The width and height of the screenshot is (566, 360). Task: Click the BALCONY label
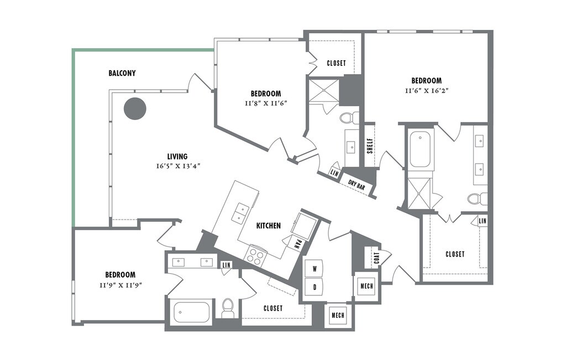[x=122, y=73]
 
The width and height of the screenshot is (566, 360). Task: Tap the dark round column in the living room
[x=134, y=108]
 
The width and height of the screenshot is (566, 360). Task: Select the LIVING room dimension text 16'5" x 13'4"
[x=177, y=166]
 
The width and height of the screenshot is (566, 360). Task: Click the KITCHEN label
[x=268, y=226]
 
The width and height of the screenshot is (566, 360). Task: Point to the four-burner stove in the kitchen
[x=255, y=255]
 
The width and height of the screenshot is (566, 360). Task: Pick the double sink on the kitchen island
[x=239, y=213]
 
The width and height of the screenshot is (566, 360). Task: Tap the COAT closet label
[x=376, y=257]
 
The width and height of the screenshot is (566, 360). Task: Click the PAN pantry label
[x=297, y=243]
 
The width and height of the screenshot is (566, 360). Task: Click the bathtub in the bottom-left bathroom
[x=192, y=312]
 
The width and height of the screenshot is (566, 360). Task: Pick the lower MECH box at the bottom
[x=338, y=316]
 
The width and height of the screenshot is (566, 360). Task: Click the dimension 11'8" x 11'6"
[x=265, y=103]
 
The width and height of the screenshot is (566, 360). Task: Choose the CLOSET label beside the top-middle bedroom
[x=336, y=63]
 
